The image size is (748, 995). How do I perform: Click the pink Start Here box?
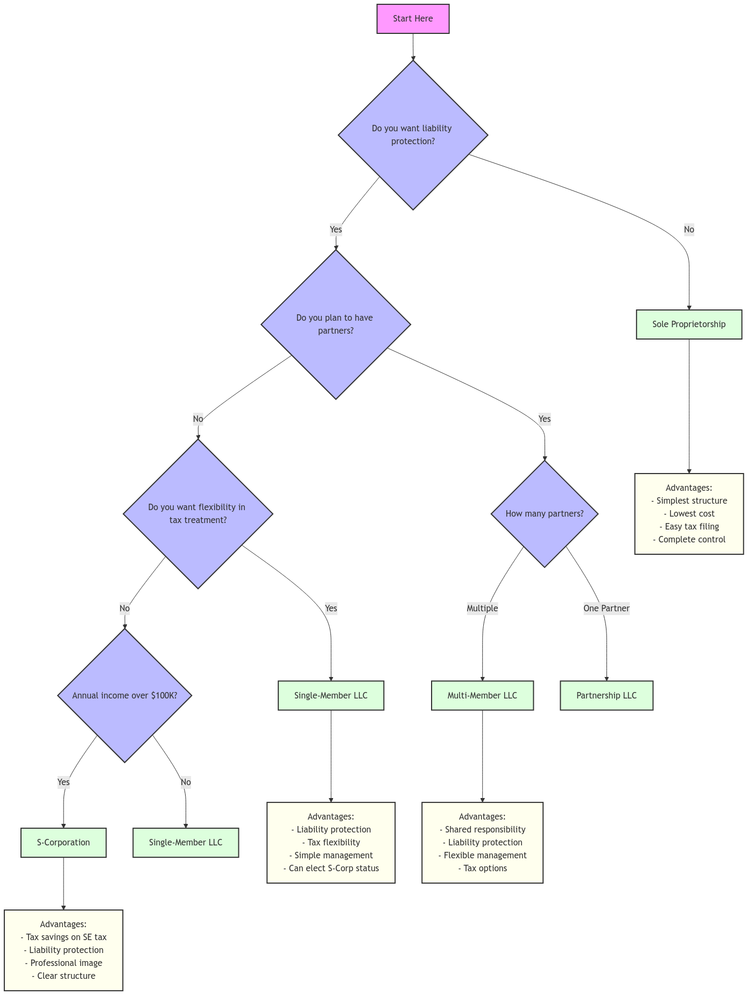pos(413,19)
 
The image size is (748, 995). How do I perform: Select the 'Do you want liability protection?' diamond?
pos(412,135)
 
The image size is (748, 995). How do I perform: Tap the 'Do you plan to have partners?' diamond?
pos(335,324)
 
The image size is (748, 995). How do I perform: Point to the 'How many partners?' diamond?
pos(544,514)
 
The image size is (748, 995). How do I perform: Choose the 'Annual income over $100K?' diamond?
pos(125,695)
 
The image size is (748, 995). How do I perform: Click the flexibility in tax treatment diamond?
pos(197,514)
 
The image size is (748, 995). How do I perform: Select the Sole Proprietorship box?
pos(689,324)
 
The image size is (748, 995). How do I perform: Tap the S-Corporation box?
pos(63,843)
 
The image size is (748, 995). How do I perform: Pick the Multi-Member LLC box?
pos(482,696)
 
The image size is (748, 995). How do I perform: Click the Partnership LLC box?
pos(606,696)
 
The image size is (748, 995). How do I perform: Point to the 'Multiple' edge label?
pos(482,609)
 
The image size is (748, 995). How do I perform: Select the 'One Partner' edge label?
pos(606,609)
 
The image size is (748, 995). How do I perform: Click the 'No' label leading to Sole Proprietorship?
pos(689,230)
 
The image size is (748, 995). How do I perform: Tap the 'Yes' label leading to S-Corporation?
pos(63,782)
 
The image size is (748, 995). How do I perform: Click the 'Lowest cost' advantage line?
pos(691,514)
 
